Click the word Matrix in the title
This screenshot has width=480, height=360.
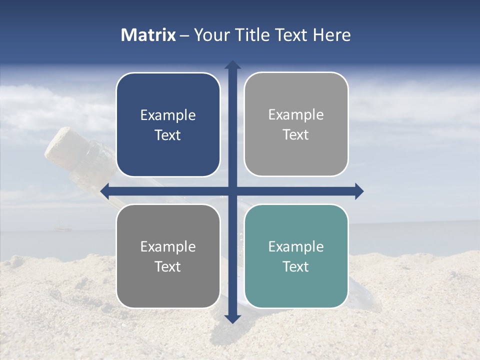148,35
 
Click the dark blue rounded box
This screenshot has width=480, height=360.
168,124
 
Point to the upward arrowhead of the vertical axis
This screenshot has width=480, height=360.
232,65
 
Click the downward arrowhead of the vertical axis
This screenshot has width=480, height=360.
232,318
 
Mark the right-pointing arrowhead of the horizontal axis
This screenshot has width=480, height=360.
358,191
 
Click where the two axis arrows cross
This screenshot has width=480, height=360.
232,191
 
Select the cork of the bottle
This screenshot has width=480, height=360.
59,145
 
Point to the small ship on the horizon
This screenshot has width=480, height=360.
60,228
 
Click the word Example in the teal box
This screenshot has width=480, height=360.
296,246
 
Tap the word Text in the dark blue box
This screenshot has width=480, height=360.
168,135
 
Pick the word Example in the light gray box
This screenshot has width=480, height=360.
296,115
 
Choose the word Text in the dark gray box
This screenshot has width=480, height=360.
168,266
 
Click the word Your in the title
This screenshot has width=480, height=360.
210,35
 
